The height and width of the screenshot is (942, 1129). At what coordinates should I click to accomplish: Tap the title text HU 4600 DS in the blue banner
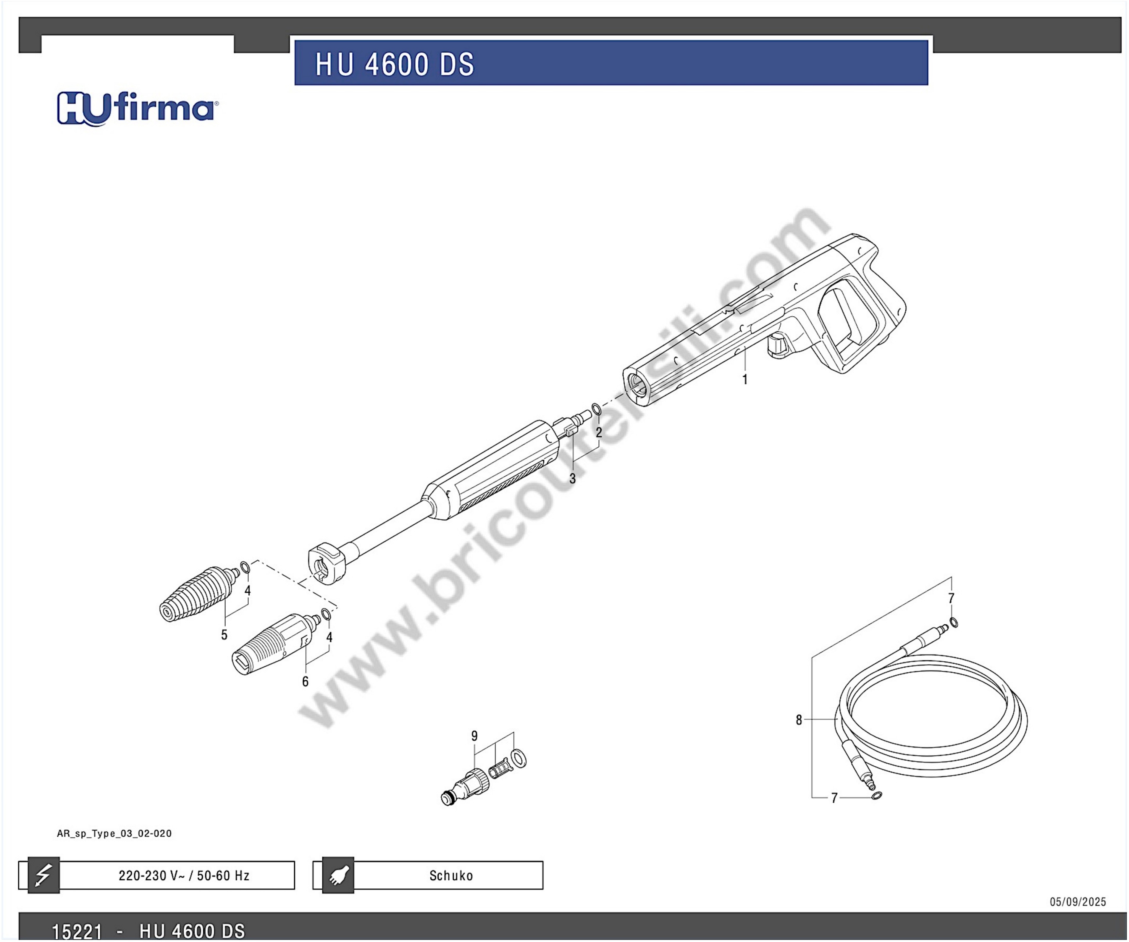pyautogui.click(x=395, y=64)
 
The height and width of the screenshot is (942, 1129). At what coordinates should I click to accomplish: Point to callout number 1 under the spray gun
pyautogui.click(x=745, y=379)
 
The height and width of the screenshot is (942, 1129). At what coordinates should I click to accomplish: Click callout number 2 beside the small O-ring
pyautogui.click(x=599, y=432)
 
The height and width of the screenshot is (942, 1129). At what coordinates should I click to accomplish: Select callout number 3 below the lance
pyautogui.click(x=573, y=479)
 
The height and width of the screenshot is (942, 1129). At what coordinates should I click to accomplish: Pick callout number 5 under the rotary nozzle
pyautogui.click(x=224, y=635)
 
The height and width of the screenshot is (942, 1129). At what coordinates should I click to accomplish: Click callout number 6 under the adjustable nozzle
pyautogui.click(x=305, y=682)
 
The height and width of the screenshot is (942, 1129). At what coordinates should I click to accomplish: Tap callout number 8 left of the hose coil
pyautogui.click(x=799, y=720)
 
